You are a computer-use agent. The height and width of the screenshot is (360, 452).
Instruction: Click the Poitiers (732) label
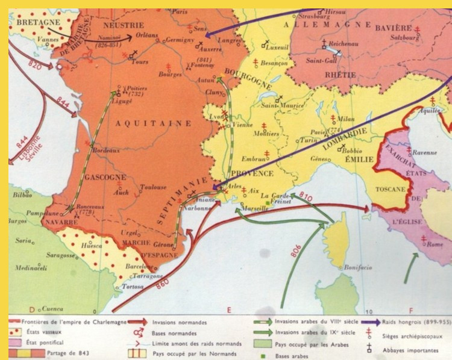pyautogui.click(x=136, y=89)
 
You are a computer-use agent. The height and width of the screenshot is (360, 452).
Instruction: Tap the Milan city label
pyautogui.click(x=347, y=119)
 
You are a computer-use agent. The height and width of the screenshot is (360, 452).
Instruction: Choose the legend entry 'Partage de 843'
pyautogui.click(x=71, y=352)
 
